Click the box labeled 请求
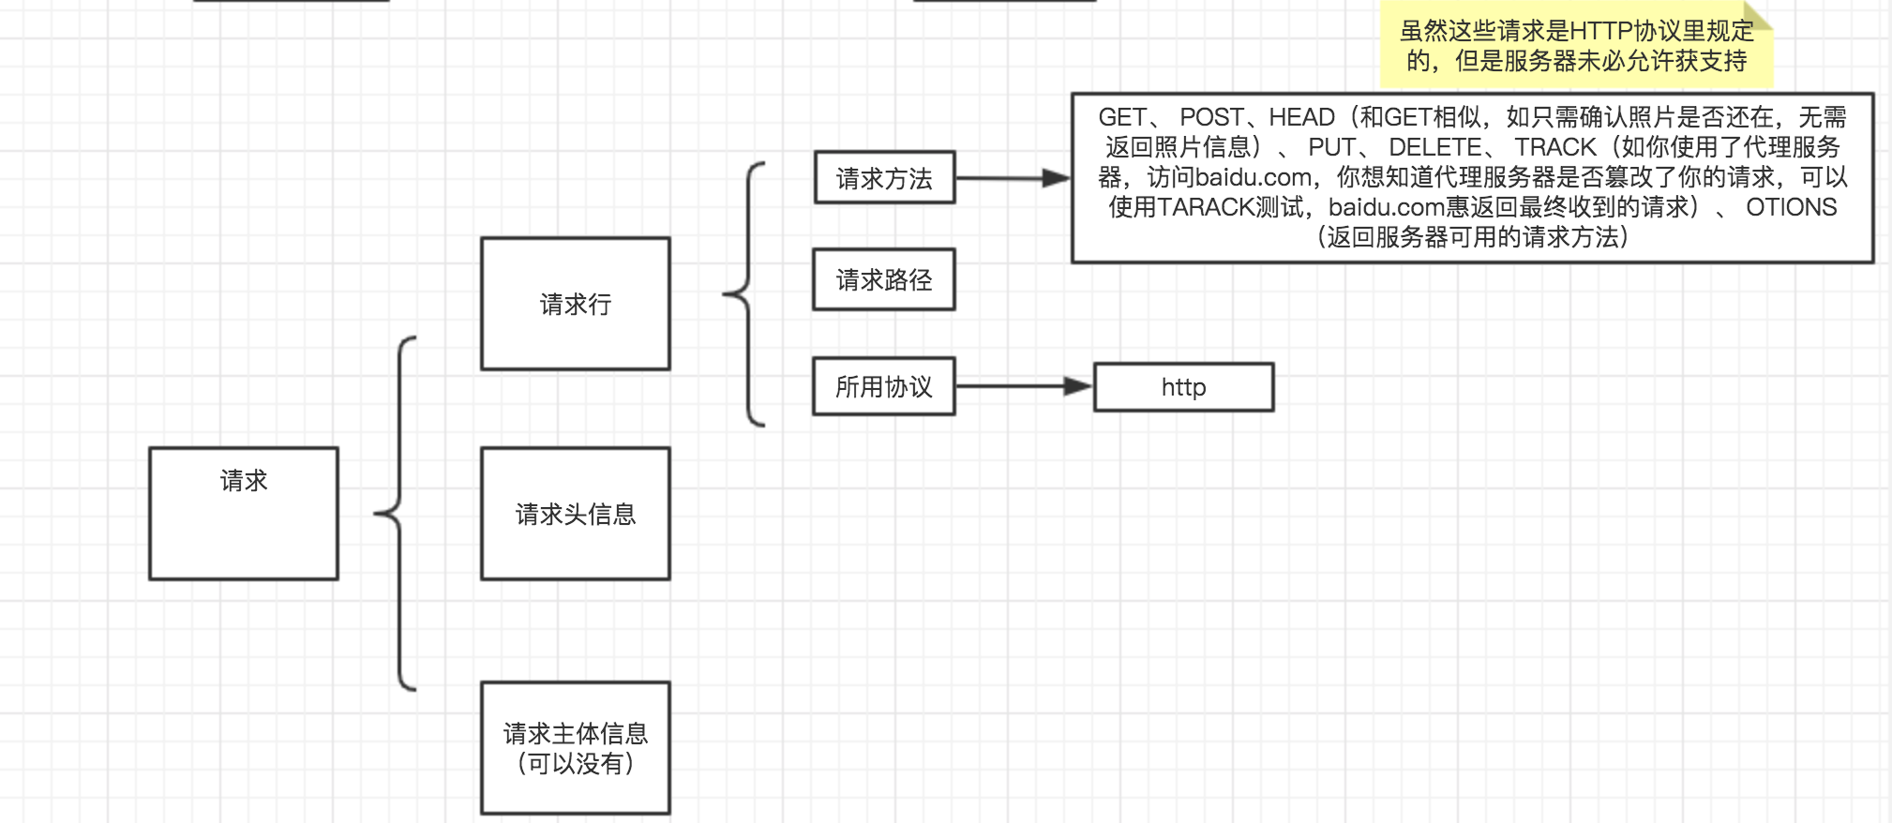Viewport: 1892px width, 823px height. click(x=244, y=513)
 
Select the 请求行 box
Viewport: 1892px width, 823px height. click(x=575, y=304)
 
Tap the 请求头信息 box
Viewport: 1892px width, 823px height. click(x=575, y=514)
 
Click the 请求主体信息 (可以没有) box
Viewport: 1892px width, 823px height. click(x=575, y=748)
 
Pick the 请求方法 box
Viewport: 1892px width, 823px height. click(x=884, y=178)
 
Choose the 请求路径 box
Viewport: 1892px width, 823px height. click(x=883, y=279)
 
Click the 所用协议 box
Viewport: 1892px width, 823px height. click(x=883, y=386)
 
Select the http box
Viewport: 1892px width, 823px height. click(x=1183, y=387)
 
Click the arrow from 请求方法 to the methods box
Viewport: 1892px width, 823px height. click(x=1013, y=178)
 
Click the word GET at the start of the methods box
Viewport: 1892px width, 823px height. click(x=1122, y=117)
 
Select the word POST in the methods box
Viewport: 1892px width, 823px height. click(x=1211, y=117)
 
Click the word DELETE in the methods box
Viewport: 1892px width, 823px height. click(x=1434, y=147)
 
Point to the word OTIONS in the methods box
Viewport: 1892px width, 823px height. click(x=1791, y=207)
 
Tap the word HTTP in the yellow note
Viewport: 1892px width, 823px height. click(x=1600, y=31)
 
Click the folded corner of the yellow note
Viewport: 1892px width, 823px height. click(x=1759, y=14)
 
